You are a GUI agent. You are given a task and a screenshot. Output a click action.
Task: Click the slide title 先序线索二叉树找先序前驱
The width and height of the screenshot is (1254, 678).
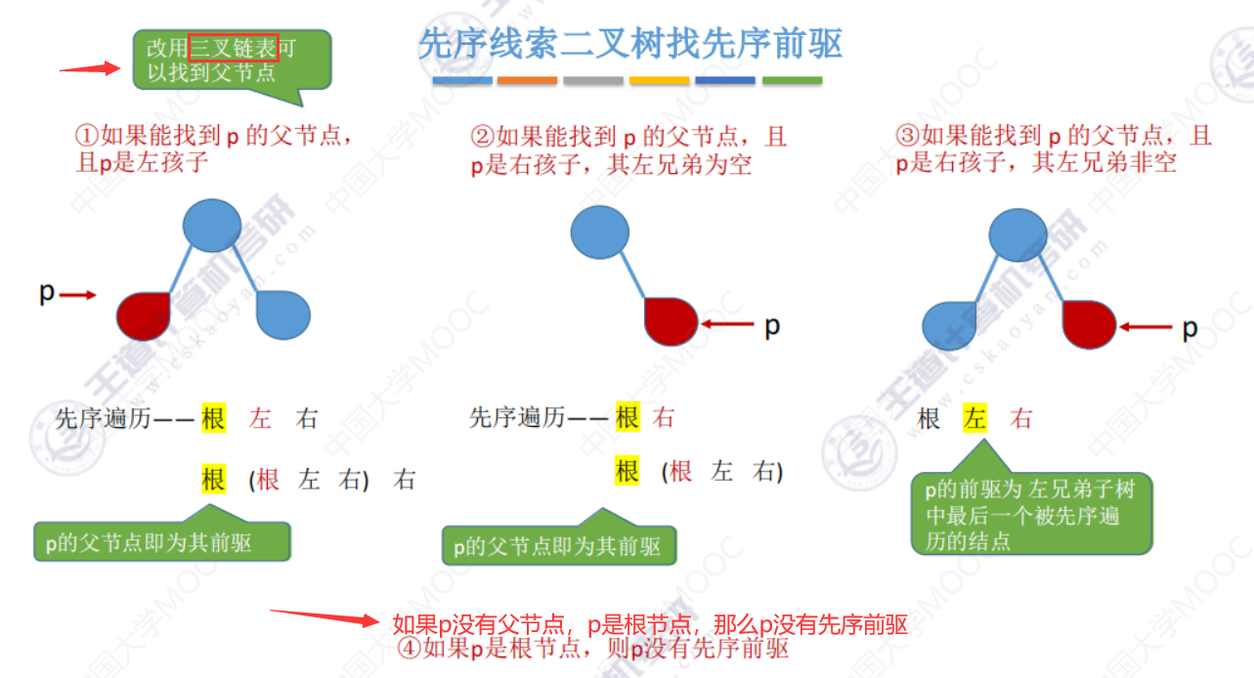(x=630, y=44)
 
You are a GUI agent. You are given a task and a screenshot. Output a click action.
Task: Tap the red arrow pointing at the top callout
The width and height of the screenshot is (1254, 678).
(x=89, y=68)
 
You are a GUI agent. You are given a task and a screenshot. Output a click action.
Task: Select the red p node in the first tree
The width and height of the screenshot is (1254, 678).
(x=144, y=315)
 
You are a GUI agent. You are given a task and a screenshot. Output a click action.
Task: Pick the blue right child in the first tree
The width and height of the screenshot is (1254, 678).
(x=283, y=315)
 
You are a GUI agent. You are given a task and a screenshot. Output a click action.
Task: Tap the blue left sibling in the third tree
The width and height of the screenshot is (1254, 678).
(x=951, y=324)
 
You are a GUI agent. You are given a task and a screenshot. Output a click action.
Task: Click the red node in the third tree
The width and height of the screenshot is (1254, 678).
(x=1089, y=324)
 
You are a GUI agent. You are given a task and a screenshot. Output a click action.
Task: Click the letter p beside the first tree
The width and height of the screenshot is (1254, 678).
(x=46, y=292)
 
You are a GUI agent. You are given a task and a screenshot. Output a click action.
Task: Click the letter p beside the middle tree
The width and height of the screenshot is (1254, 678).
(x=772, y=325)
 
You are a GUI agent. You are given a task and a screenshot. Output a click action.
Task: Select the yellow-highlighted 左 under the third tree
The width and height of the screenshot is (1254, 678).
(x=974, y=419)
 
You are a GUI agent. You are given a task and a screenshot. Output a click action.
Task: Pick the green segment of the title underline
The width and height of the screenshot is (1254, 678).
(x=792, y=80)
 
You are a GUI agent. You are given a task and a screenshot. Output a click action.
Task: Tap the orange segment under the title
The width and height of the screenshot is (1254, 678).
(x=527, y=80)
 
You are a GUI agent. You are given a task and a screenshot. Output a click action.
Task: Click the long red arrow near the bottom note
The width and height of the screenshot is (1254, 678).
(x=324, y=617)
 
